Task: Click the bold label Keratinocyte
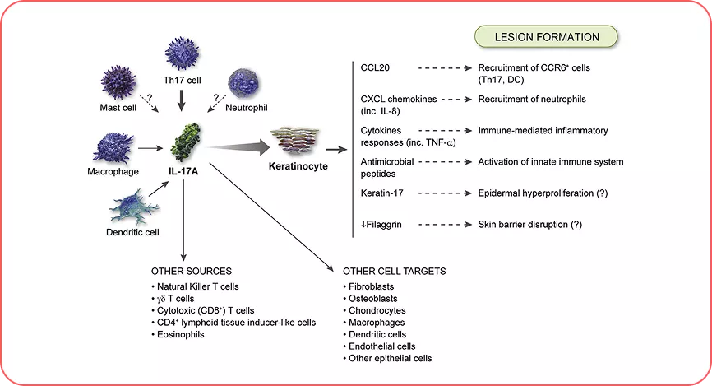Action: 298,166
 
